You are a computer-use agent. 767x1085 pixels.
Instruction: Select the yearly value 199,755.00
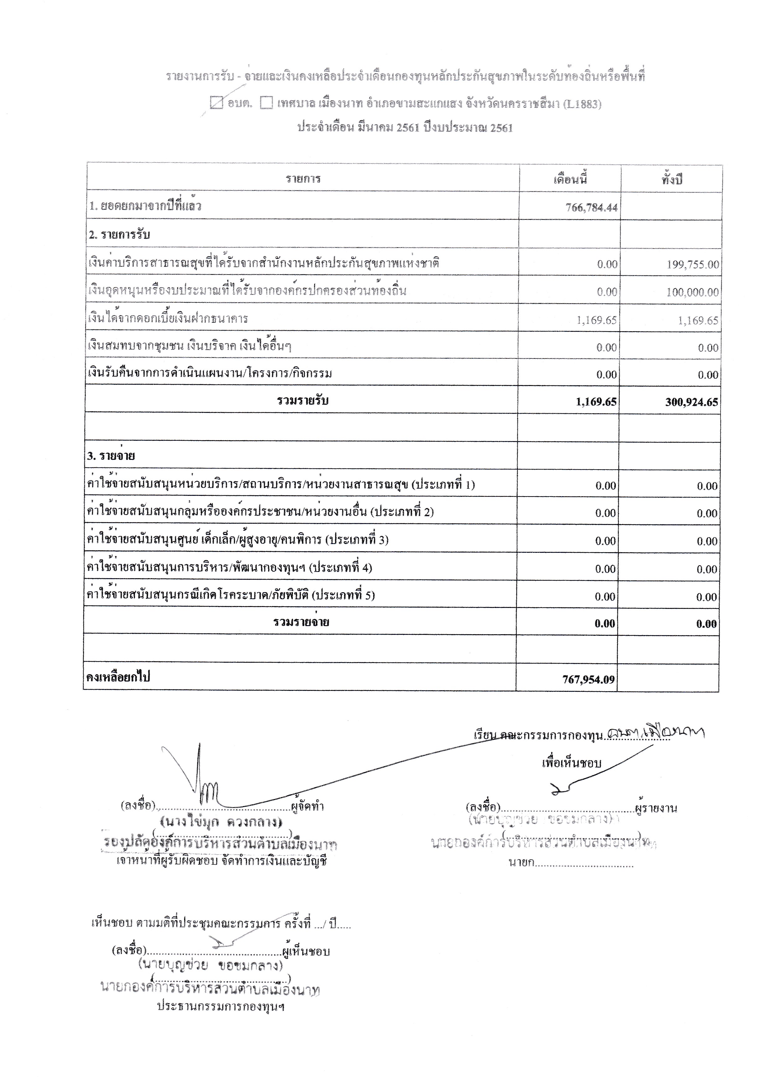tap(692, 264)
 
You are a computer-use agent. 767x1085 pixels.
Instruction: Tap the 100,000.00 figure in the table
tap(692, 292)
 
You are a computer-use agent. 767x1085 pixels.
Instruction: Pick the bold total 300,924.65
tap(691, 402)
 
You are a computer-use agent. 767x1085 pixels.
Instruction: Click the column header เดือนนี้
tap(570, 179)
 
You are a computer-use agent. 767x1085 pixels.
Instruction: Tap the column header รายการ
tap(303, 179)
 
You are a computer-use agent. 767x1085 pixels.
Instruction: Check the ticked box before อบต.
tap(216, 103)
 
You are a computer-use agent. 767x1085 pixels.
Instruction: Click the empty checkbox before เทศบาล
tap(266, 103)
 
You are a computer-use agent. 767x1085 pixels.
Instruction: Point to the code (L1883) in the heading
tap(582, 104)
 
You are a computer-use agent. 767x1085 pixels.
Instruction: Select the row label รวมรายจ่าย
tap(301, 622)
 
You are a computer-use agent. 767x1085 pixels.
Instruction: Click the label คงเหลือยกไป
tap(118, 677)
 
